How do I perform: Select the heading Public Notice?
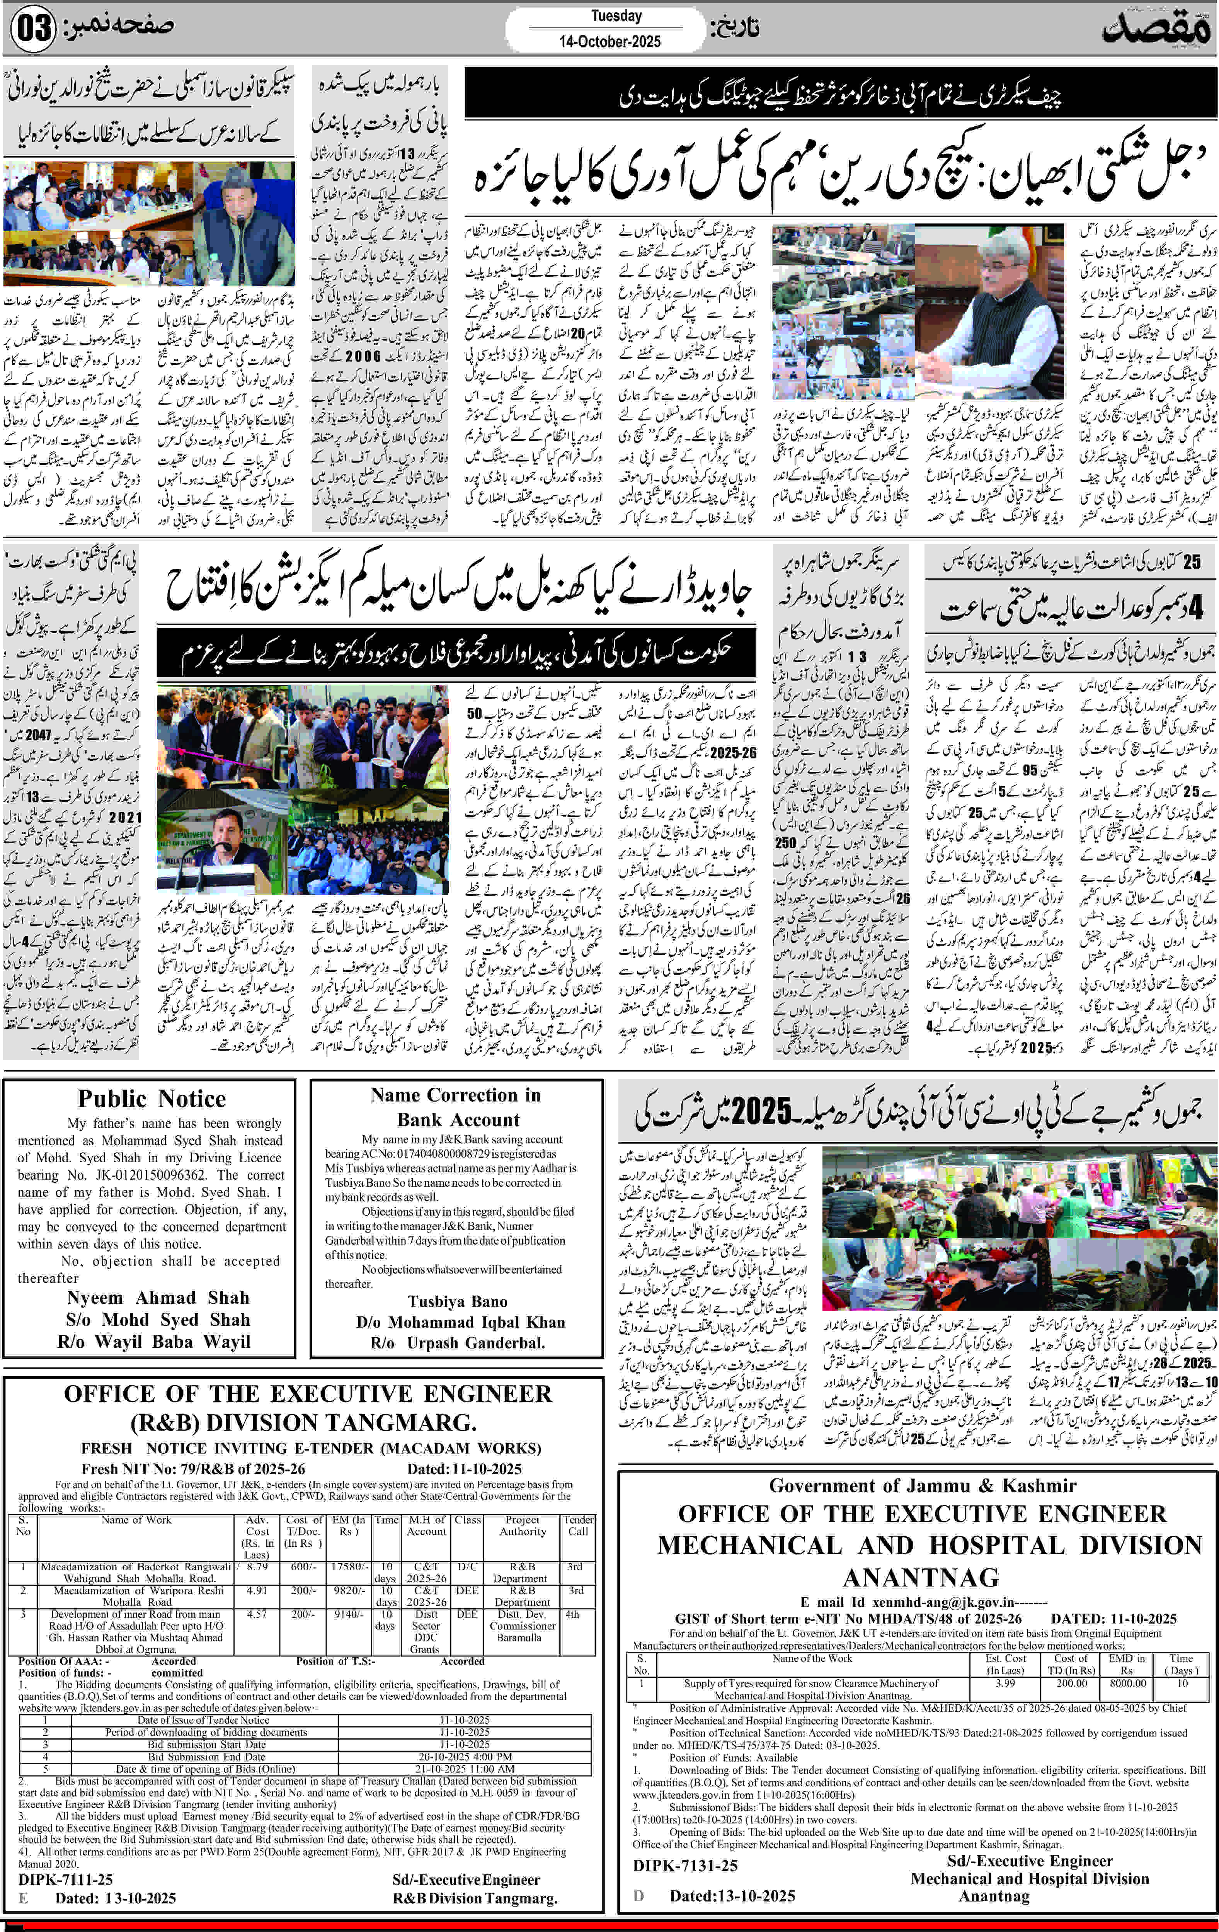[x=152, y=1099]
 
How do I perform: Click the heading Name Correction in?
[x=456, y=1095]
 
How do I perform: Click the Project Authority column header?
[x=523, y=1525]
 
